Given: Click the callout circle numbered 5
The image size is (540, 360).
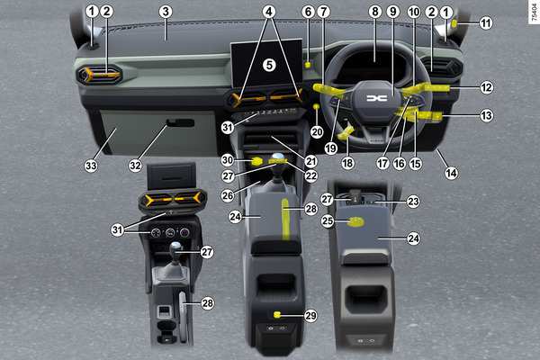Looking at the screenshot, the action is pos(269,65).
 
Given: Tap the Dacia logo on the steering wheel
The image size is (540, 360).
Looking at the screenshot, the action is pos(376,98).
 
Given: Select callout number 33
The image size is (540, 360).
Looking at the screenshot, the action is pos(91,166).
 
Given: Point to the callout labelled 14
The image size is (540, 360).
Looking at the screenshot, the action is pos(452,173).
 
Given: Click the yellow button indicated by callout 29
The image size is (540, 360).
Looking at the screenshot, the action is pos(277,314).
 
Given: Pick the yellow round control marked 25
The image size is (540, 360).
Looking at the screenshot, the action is pos(355,221).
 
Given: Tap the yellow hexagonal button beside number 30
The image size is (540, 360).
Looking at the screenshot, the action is pos(256,161).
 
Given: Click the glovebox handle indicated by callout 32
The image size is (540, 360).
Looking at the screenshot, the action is pos(181,122).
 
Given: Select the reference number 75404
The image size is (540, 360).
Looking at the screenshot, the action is pos(534,13).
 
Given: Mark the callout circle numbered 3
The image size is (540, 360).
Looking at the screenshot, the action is pos(166,12).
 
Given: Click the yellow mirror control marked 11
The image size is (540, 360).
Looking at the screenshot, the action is pos(454,23).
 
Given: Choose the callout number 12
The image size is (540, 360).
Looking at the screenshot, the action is pos(486,87).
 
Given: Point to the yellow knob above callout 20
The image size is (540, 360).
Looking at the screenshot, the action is pos(316,107).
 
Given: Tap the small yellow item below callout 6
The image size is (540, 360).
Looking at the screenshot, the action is pos(308,65).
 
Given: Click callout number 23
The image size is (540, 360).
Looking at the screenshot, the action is pos(413,202).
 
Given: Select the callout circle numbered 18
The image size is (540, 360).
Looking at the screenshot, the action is pos(347,163).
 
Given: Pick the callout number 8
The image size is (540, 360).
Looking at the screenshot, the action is pos(375,12).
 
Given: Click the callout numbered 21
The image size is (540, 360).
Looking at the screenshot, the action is pos(311,161).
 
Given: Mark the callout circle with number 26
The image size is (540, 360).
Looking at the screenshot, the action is pos(228,195).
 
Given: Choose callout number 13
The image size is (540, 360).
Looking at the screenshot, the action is pos(486,116).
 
